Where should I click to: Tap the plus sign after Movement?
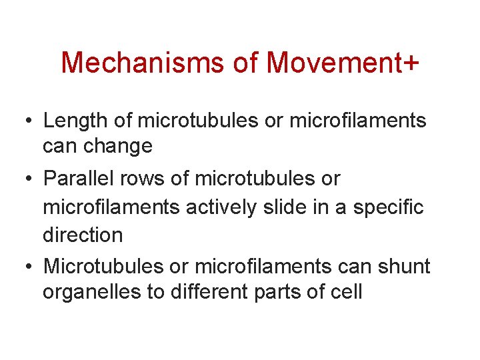coord(411,63)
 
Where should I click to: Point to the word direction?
coord(83,235)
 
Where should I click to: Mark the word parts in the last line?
coord(289,292)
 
